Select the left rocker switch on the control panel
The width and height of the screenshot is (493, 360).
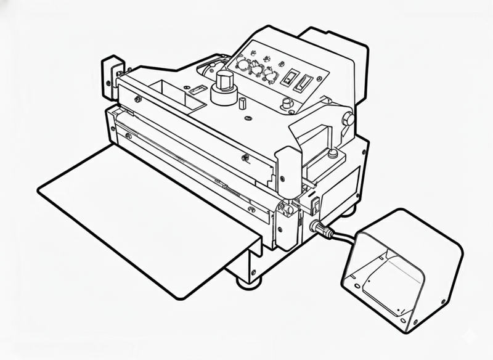tap(287, 78)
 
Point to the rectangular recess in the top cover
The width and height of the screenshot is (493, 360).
tap(166, 90)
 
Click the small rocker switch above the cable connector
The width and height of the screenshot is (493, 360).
tap(316, 203)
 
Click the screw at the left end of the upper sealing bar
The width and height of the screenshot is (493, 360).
tap(137, 98)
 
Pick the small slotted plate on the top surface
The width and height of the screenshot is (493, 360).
tap(196, 91)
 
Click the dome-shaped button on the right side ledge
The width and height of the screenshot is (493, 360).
tap(287, 103)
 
